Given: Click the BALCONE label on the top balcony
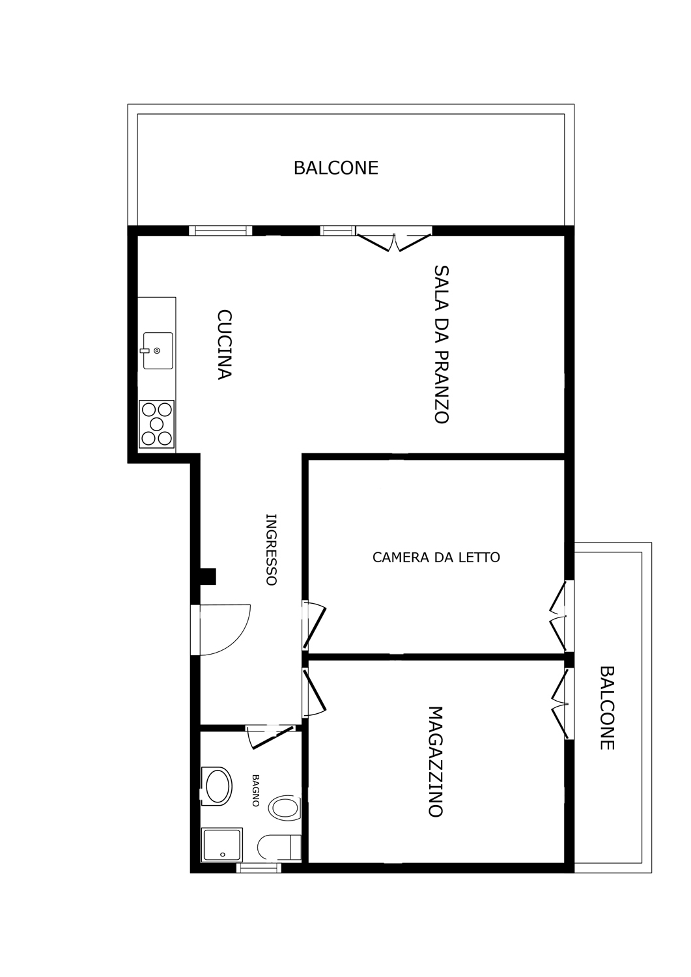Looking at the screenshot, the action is pyautogui.click(x=335, y=168).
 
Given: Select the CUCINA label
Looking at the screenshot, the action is pyautogui.click(x=224, y=345).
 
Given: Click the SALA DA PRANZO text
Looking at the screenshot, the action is pyautogui.click(x=442, y=344).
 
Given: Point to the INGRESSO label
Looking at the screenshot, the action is pyautogui.click(x=272, y=550).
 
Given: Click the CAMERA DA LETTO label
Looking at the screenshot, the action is pyautogui.click(x=436, y=558).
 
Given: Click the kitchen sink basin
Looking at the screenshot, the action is pyautogui.click(x=158, y=350).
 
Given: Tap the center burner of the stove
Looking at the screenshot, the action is pyautogui.click(x=156, y=424).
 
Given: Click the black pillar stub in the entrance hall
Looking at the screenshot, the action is pyautogui.click(x=208, y=576).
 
